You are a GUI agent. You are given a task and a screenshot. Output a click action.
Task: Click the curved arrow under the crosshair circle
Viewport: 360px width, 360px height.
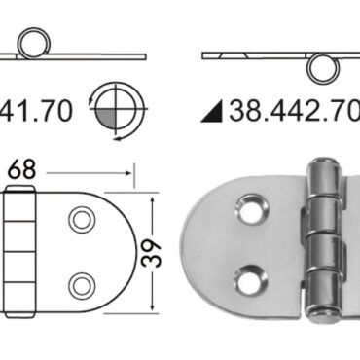(110, 136)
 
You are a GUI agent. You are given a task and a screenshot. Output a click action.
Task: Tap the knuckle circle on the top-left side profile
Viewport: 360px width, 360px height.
(35, 44)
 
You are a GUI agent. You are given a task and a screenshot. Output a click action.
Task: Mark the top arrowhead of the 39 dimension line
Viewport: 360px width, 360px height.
(153, 194)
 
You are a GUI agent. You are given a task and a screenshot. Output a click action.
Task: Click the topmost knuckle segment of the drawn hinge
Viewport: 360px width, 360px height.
(18, 206)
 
